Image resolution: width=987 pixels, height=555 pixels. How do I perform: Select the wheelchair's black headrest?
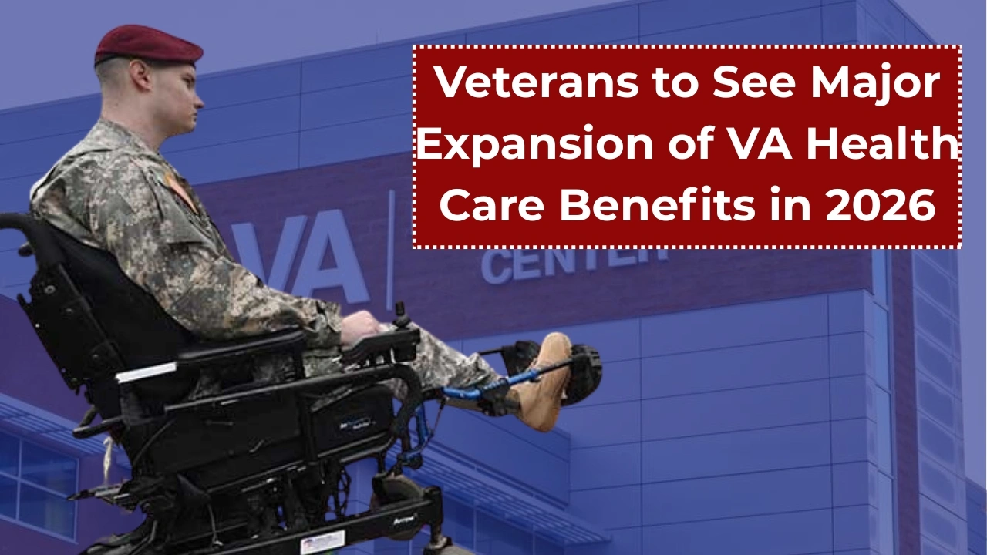click(x=46, y=254)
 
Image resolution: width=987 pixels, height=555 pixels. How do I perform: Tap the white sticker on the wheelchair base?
click(x=322, y=541)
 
